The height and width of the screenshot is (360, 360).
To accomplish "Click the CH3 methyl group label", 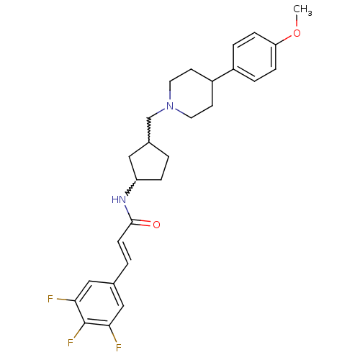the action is pyautogui.click(x=302, y=10).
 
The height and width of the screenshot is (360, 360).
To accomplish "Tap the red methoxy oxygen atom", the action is pyautogui.click(x=297, y=33).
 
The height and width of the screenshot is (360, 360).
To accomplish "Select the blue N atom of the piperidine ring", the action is pyautogui.click(x=170, y=106).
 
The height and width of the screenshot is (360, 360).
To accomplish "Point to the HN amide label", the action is pyautogui.click(x=119, y=199).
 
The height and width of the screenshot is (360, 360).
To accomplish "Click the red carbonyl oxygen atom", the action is pyautogui.click(x=156, y=225).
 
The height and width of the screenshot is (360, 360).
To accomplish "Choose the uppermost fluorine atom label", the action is pyautogui.click(x=50, y=299).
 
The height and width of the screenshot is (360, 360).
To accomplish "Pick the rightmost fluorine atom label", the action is pyautogui.click(x=119, y=348).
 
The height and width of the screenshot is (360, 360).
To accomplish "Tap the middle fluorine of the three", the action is pyautogui.click(x=71, y=343).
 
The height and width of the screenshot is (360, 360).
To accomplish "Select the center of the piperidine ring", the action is pyautogui.click(x=191, y=94).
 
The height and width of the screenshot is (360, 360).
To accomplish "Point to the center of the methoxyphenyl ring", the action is pyautogui.click(x=254, y=57).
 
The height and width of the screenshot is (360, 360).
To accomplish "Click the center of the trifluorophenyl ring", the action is pyautogui.click(x=99, y=303).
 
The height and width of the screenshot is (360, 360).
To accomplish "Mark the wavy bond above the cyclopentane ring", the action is pyautogui.click(x=149, y=130).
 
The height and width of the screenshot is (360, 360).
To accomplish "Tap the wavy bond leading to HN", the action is pyautogui.click(x=131, y=188).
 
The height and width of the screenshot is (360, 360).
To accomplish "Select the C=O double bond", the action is pyautogui.click(x=141, y=223).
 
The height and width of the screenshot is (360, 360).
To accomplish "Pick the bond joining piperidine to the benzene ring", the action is pyautogui.click(x=222, y=76).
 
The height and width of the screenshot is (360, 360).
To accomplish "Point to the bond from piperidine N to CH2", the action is pyautogui.click(x=158, y=113).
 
